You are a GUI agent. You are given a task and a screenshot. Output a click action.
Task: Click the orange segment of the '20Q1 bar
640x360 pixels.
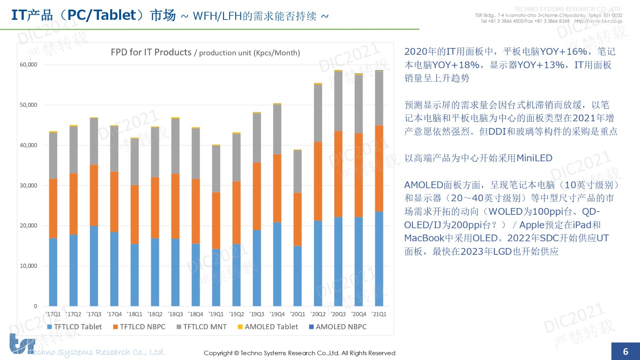click(298, 219)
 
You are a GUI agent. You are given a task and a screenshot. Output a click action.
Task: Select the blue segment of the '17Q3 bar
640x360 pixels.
click(94, 266)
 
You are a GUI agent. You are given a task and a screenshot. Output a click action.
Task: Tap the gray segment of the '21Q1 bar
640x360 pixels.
click(379, 98)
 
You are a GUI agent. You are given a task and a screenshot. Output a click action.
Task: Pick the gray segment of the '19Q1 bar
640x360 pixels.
click(216, 169)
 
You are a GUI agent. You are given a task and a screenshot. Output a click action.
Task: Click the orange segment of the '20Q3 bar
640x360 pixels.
click(338, 174)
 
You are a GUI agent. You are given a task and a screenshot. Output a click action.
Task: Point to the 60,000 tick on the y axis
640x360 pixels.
click(28, 65)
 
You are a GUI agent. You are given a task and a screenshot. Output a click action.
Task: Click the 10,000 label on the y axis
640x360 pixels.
click(28, 266)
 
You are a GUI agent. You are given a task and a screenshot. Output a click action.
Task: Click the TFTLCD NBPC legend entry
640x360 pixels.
click(139, 327)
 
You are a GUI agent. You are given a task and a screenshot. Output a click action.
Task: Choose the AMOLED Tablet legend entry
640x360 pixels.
click(268, 327)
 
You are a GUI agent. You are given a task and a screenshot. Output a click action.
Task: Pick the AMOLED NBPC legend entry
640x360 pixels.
click(338, 327)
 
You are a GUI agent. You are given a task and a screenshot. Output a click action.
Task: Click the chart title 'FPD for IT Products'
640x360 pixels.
click(151, 52)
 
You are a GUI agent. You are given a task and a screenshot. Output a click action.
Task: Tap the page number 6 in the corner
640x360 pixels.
click(626, 352)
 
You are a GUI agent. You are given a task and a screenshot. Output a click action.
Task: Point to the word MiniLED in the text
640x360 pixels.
click(534, 158)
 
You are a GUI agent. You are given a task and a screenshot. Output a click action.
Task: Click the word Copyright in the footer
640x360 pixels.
click(218, 353)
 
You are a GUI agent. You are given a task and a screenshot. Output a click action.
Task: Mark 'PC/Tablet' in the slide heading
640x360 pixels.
click(102, 15)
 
